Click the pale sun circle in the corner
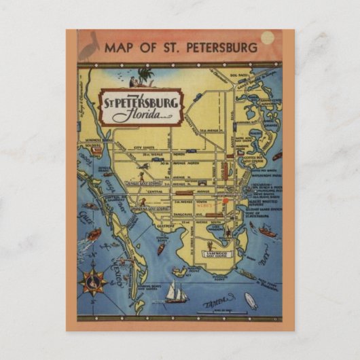(268, 38)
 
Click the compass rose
(94, 280)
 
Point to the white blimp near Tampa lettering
(251, 300)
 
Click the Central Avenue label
(180, 193)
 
